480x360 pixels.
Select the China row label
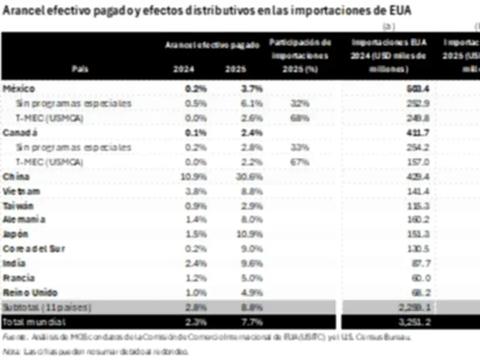click(x=15, y=176)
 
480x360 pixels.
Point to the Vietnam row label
click(x=22, y=191)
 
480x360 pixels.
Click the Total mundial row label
click(x=28, y=322)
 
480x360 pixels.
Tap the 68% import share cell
click(x=300, y=118)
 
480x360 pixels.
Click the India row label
click(x=14, y=263)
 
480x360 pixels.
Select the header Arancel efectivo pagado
click(x=213, y=44)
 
